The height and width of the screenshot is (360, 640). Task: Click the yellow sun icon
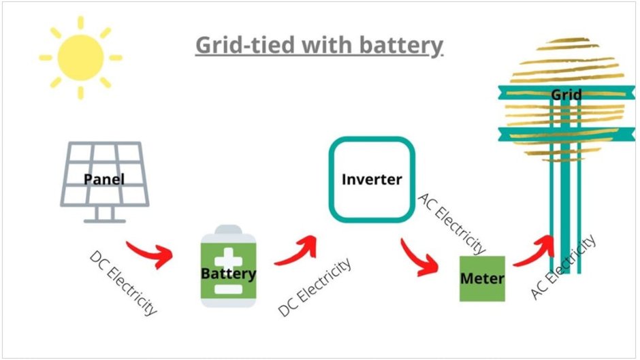[x=80, y=58]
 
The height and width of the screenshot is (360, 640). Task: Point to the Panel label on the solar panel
[x=104, y=180]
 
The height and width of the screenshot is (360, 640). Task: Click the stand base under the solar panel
[x=104, y=220]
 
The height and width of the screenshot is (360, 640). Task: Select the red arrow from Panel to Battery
[x=150, y=253]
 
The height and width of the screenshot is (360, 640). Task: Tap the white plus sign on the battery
[x=228, y=259]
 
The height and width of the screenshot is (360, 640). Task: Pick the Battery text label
[x=228, y=274]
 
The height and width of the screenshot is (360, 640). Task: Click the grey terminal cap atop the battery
[x=228, y=229]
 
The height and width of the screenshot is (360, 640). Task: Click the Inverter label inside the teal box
[x=372, y=180]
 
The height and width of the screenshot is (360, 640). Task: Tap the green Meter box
[x=482, y=278]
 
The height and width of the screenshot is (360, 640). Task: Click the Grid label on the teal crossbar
[x=566, y=95]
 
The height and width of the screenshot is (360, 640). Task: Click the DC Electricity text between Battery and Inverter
[x=315, y=287]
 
